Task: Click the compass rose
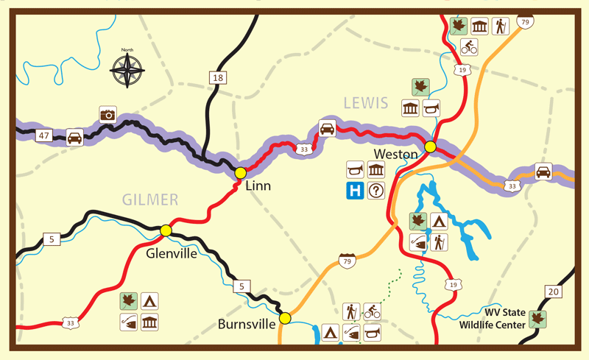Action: click(127, 71)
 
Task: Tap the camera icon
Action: click(108, 115)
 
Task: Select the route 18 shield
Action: click(216, 78)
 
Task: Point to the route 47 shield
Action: click(44, 136)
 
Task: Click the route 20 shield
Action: click(554, 292)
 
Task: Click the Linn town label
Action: click(257, 186)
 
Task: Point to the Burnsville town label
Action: click(247, 323)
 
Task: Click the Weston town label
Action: click(395, 154)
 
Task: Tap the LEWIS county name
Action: click(364, 103)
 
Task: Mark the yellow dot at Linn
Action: click(240, 173)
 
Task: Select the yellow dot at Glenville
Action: click(166, 231)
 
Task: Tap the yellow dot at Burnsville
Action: click(285, 319)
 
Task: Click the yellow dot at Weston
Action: click(430, 147)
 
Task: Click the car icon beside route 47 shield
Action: click(74, 137)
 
